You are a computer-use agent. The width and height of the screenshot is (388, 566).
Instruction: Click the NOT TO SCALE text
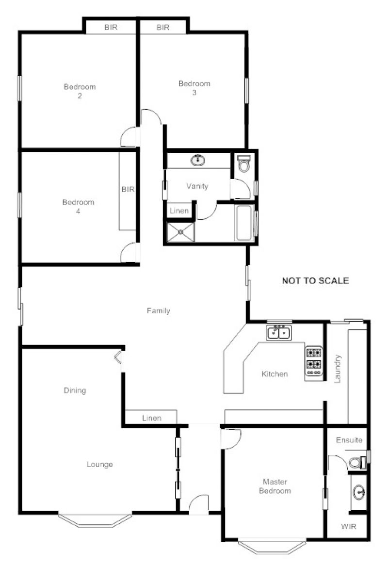(x=315, y=281)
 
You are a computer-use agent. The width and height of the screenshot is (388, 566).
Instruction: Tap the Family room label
(x=158, y=311)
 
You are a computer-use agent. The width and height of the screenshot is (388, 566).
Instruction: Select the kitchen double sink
(x=279, y=333)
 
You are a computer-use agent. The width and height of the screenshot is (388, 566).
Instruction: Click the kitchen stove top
(x=314, y=361)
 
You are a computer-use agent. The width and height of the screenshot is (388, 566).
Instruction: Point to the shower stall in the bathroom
(x=180, y=232)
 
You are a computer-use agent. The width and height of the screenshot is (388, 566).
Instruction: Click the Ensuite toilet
(x=357, y=462)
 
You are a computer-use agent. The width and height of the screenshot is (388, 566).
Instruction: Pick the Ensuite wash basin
(x=359, y=492)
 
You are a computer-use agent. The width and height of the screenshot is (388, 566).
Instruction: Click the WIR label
(x=348, y=526)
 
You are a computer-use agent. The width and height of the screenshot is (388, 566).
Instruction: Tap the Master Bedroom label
(x=275, y=486)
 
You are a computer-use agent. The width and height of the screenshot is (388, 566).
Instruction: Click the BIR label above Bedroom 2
(x=111, y=27)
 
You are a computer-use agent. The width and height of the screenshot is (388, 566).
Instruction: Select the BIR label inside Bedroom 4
(x=128, y=189)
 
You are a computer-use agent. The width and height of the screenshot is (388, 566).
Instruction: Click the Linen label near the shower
(x=179, y=211)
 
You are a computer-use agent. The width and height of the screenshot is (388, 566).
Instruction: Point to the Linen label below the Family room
(x=152, y=418)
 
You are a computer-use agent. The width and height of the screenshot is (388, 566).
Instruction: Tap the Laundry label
(x=338, y=369)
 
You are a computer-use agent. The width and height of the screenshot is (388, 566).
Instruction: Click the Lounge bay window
(x=95, y=520)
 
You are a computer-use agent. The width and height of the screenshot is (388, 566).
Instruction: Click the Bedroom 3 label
(x=194, y=88)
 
